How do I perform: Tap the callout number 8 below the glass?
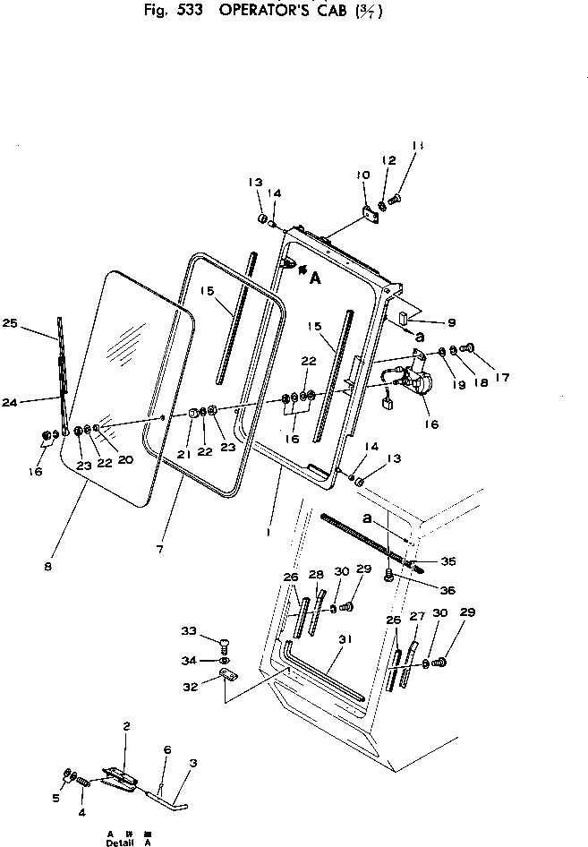tap(47, 566)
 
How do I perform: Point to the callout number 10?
tap(363, 175)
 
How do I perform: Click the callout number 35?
tap(447, 561)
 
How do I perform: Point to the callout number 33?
tap(189, 630)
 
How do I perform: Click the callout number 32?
tap(189, 688)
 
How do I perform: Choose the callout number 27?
tap(417, 616)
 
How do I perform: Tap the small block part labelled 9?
tap(404, 316)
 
